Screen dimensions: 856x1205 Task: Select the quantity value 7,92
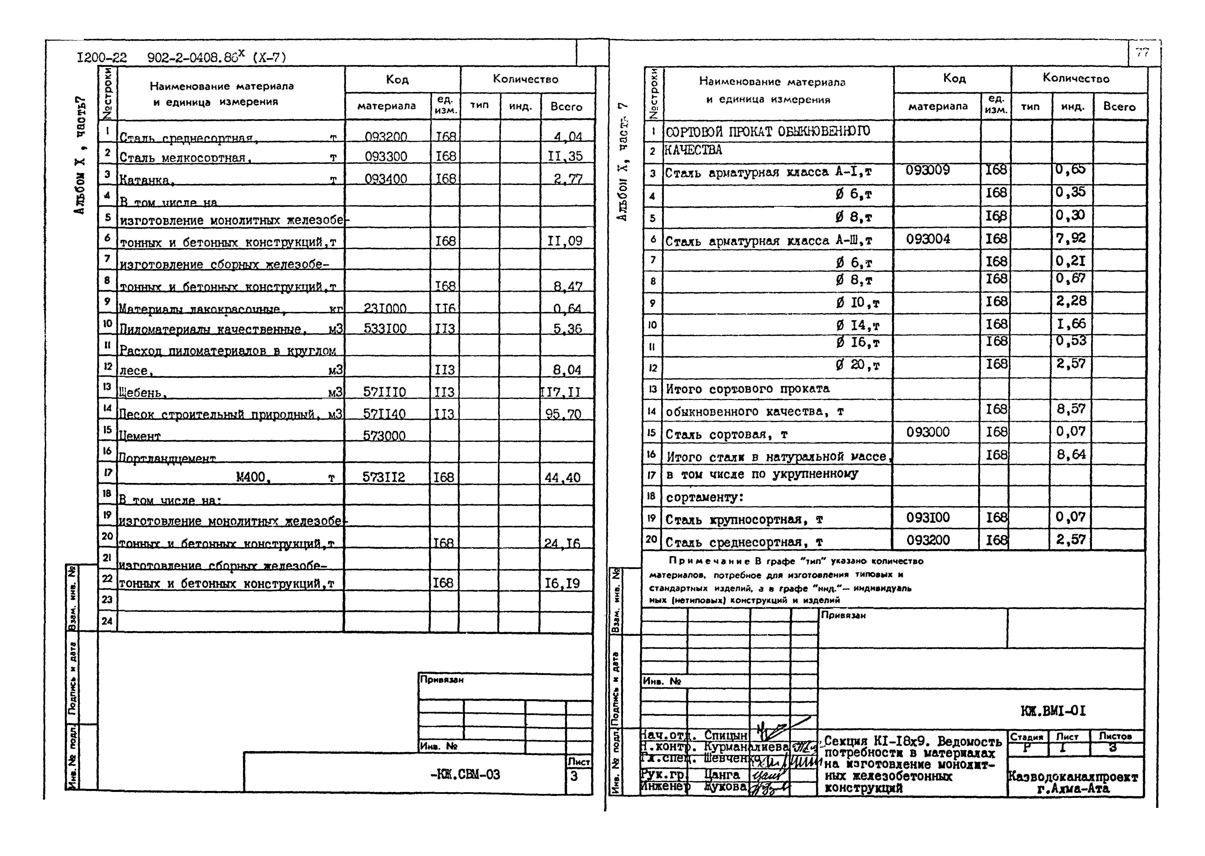tap(1071, 238)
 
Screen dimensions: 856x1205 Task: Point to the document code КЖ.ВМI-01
tap(1053, 711)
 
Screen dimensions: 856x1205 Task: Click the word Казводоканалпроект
tap(1073, 777)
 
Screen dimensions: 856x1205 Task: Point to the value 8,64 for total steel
tap(1071, 454)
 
